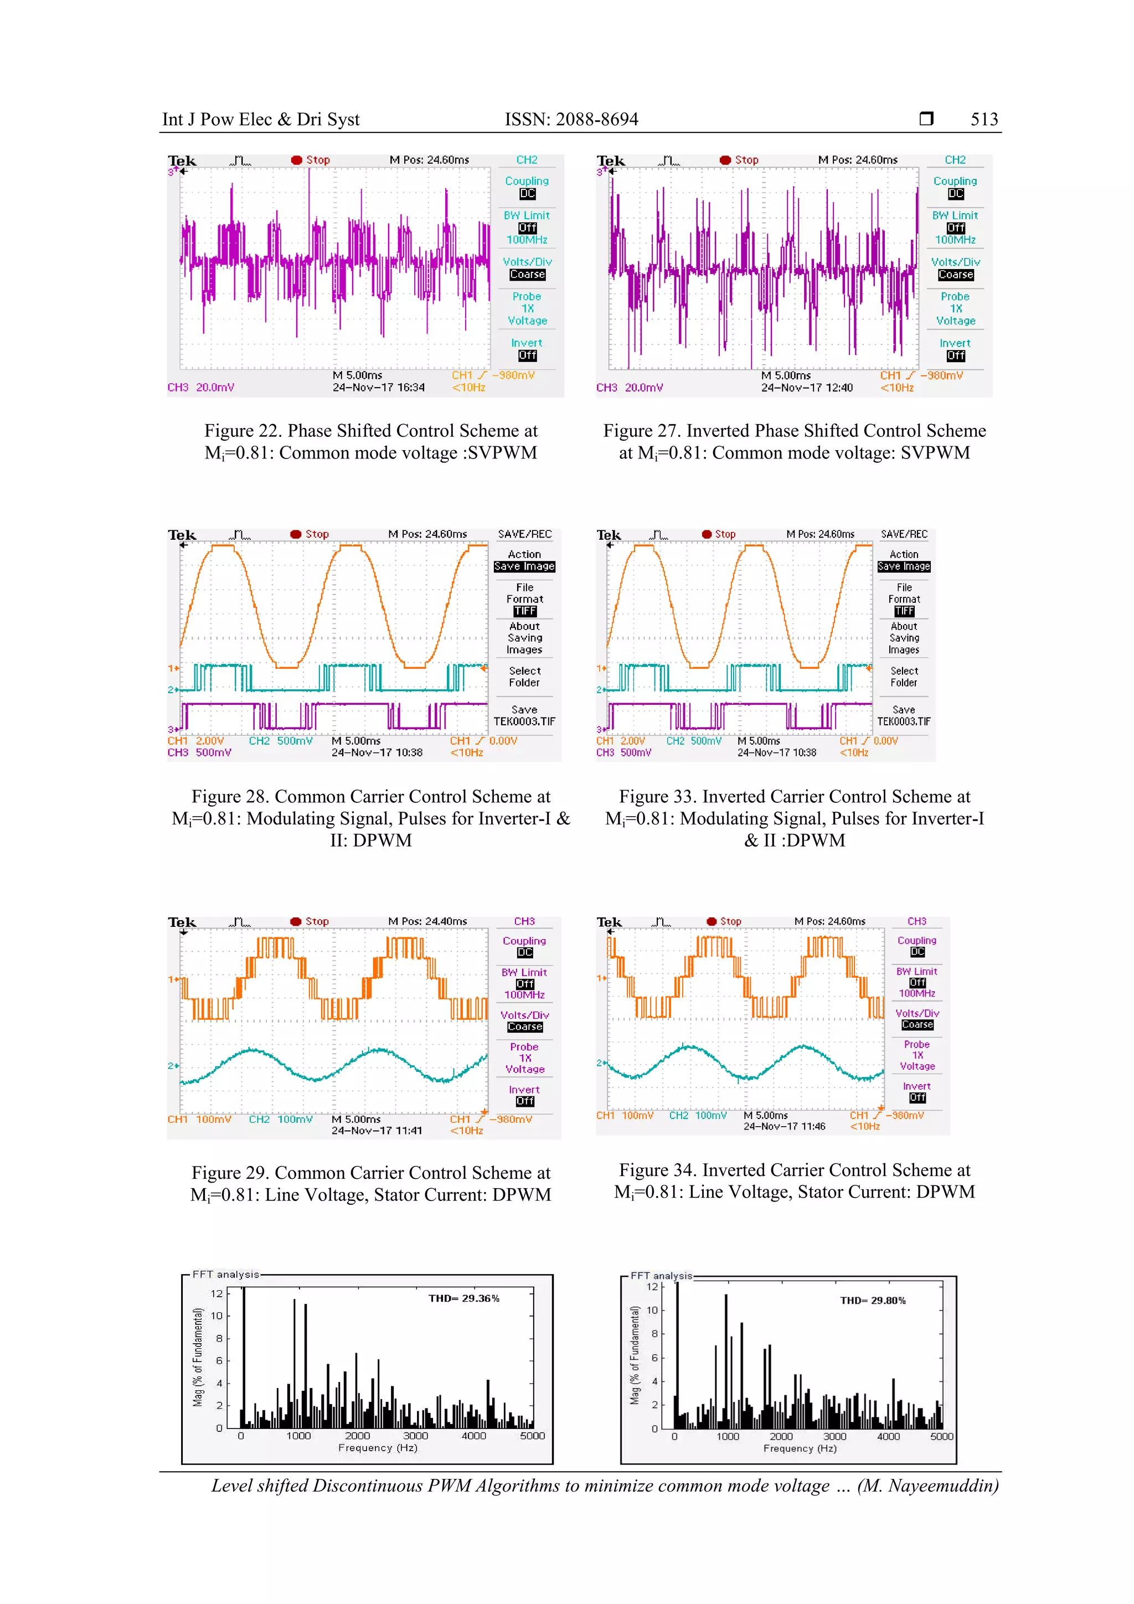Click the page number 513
pos(984,120)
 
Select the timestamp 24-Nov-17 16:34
pos(378,388)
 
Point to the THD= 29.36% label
pos(464,1299)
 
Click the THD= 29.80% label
pos(873,1301)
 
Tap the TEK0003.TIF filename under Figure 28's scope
pos(524,721)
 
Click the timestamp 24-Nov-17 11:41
pos(377,1131)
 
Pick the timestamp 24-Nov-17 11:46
pos(784,1127)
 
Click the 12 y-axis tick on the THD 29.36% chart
pos(217,1294)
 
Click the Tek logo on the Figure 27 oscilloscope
pos(611,161)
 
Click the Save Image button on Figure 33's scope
pos(904,566)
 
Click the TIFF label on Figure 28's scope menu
pos(525,611)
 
